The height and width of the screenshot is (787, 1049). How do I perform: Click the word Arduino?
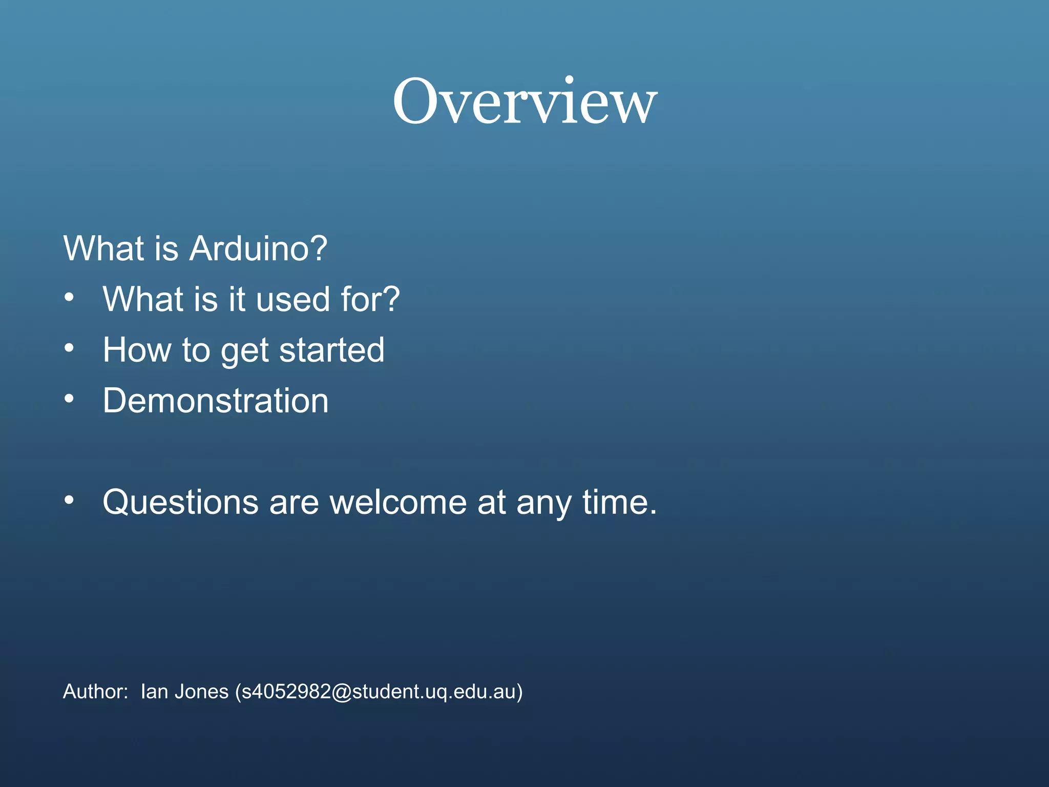(258, 249)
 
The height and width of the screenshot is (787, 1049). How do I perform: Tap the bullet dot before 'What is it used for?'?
(69, 297)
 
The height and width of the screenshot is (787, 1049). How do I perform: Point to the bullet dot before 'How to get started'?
(69, 348)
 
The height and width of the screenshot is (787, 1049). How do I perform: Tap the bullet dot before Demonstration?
(69, 398)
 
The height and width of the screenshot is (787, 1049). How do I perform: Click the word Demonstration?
(216, 401)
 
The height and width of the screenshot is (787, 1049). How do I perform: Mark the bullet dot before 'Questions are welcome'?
(69, 500)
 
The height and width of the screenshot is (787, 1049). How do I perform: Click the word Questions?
(180, 502)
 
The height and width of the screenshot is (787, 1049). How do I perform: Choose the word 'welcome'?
(398, 502)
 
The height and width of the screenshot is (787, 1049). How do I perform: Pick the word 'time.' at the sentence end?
(619, 502)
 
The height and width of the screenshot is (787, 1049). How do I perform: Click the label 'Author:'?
(95, 692)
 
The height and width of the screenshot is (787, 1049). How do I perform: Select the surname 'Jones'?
(201, 692)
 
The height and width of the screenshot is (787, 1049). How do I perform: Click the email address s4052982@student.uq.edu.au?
(379, 692)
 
